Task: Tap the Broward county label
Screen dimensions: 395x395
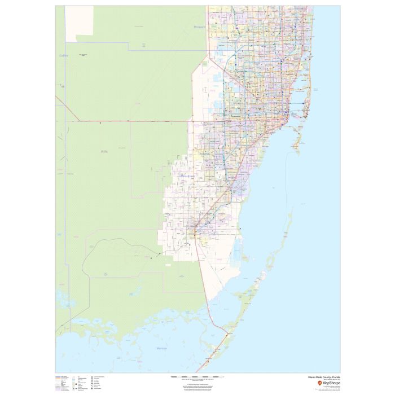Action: (200, 27)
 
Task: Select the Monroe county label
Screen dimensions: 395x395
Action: (161, 348)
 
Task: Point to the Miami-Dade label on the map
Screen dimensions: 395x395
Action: (187, 176)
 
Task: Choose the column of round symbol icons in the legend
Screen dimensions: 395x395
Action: (91, 381)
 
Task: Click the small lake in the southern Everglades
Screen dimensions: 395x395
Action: (134, 293)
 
